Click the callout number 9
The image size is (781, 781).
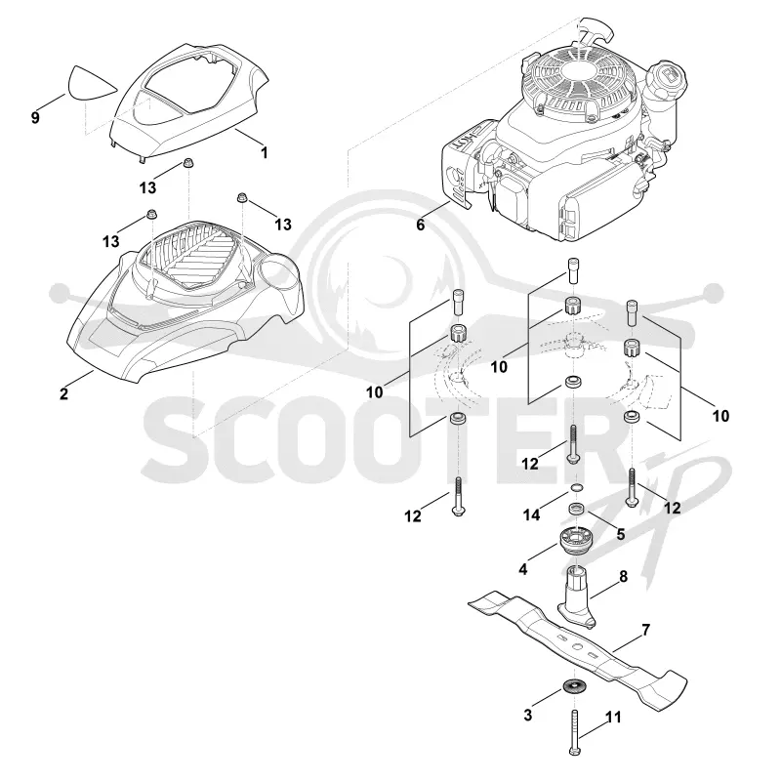click(35, 118)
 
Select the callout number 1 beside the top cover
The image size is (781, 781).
click(265, 153)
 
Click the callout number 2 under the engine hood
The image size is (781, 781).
click(63, 394)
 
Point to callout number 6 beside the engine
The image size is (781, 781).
click(421, 226)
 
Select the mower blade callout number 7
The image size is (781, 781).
click(646, 630)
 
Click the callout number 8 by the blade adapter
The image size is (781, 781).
click(624, 576)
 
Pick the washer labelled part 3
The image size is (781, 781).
click(575, 686)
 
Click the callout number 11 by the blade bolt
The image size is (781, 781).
click(614, 718)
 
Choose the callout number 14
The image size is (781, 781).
click(531, 515)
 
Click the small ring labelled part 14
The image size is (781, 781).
click(575, 486)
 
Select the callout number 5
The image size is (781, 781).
click(621, 534)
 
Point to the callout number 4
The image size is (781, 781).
click(523, 569)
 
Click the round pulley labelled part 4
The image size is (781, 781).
click(575, 542)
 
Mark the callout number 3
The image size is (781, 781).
click(528, 716)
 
